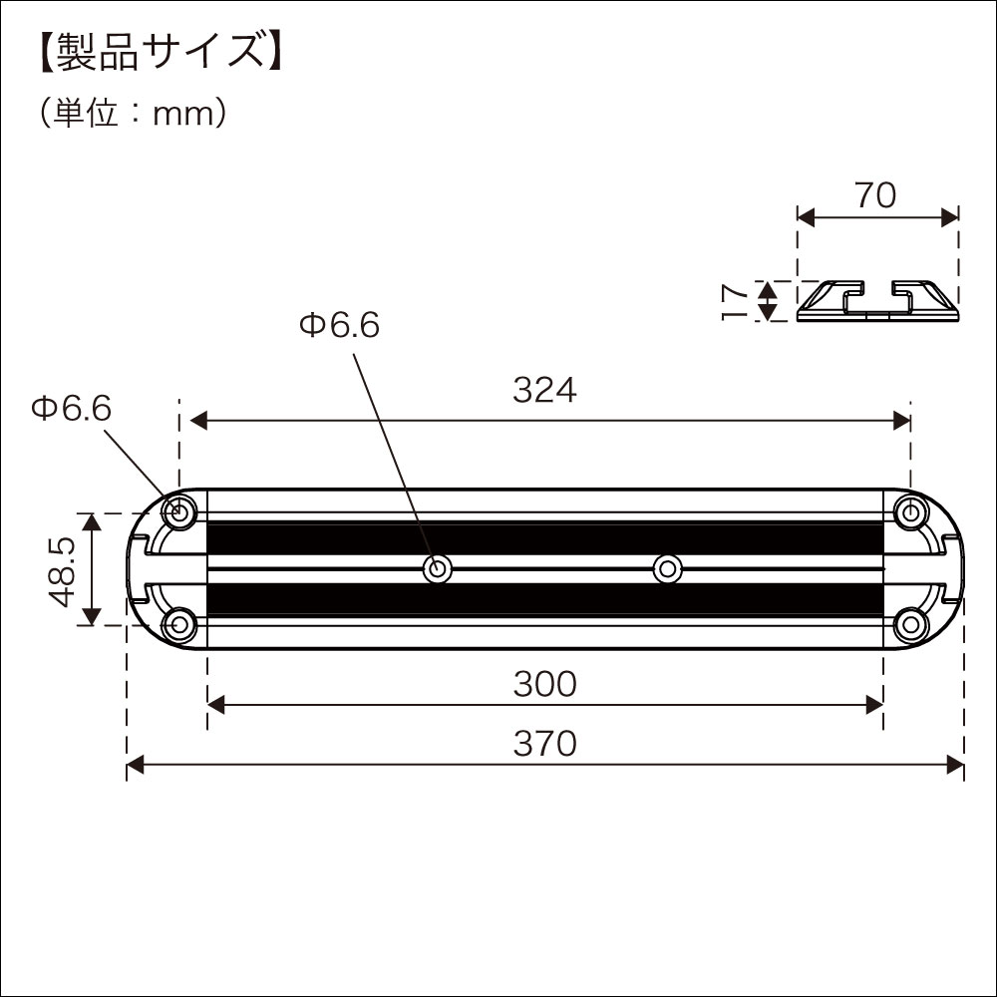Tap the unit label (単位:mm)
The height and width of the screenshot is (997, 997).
pyautogui.click(x=135, y=114)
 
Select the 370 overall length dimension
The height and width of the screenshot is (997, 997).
pyautogui.click(x=544, y=744)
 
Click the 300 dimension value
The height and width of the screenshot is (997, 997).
pyautogui.click(x=544, y=684)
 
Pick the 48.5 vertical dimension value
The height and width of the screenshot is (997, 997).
pyautogui.click(x=62, y=569)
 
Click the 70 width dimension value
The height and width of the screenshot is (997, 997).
pyautogui.click(x=875, y=195)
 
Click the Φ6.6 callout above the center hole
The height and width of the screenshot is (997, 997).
pyautogui.click(x=339, y=325)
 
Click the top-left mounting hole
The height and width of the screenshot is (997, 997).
pyautogui.click(x=179, y=512)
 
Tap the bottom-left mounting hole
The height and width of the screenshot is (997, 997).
pyautogui.click(x=179, y=626)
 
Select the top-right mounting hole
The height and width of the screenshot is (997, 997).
pyautogui.click(x=909, y=512)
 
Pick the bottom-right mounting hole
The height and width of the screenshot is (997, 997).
pyautogui.click(x=909, y=626)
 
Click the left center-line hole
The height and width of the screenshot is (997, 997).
pyautogui.click(x=437, y=569)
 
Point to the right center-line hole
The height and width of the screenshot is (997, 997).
pyautogui.click(x=666, y=569)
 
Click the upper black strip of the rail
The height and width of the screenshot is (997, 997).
pyautogui.click(x=544, y=539)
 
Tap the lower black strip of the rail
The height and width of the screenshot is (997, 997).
pyautogui.click(x=544, y=599)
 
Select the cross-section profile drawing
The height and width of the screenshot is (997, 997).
pyautogui.click(x=877, y=301)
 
